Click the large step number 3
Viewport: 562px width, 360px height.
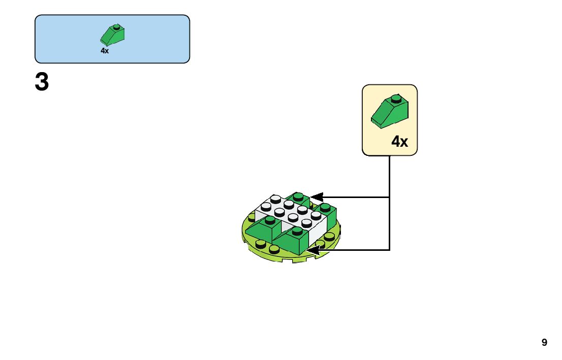[x=42, y=82]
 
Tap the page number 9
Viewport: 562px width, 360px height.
[x=544, y=342]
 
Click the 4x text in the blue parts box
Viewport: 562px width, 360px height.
[x=105, y=51]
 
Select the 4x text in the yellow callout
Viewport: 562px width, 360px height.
[x=399, y=142]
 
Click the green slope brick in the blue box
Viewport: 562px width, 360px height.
[x=113, y=35]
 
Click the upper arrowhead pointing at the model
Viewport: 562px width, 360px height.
[x=317, y=197]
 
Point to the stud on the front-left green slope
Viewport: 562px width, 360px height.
[x=270, y=220]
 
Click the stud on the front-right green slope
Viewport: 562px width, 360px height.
[x=297, y=231]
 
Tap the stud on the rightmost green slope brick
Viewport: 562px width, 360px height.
[x=325, y=207]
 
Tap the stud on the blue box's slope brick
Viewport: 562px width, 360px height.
[x=117, y=27]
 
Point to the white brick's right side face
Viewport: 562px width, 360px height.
[x=317, y=233]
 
